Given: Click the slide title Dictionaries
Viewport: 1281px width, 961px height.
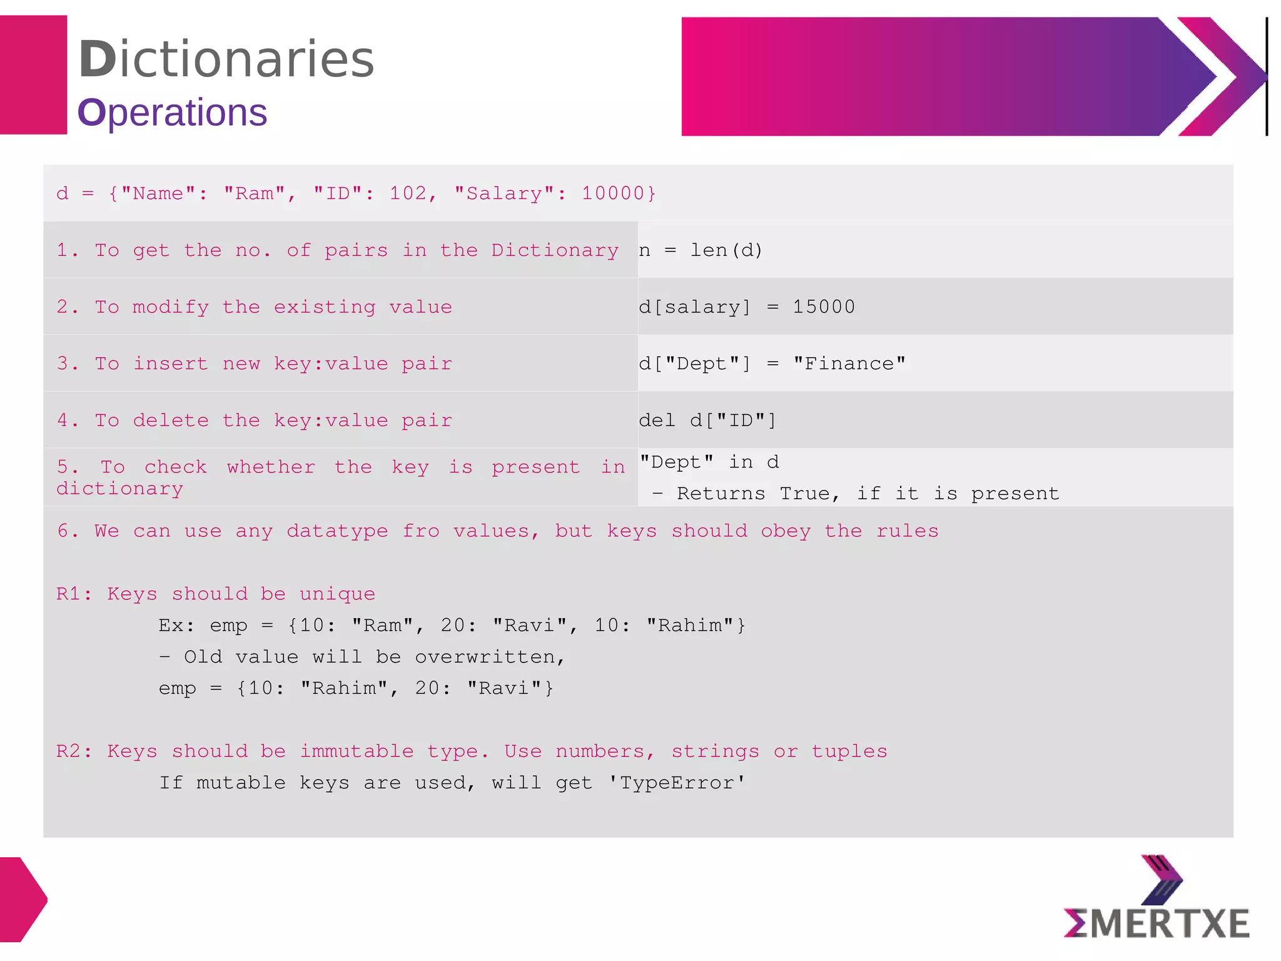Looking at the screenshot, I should pyautogui.click(x=226, y=59).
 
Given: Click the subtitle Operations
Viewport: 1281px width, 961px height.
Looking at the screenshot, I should pyautogui.click(x=172, y=113).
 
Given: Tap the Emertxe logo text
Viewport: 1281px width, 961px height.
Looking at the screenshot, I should pyautogui.click(x=1157, y=924).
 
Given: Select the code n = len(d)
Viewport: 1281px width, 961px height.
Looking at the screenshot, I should pyautogui.click(x=701, y=251).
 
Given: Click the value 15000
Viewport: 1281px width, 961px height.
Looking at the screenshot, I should pyautogui.click(x=823, y=307).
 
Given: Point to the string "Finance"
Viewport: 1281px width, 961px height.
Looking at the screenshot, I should pyautogui.click(x=849, y=364).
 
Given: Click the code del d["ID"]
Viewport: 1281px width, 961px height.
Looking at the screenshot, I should pyautogui.click(x=707, y=420).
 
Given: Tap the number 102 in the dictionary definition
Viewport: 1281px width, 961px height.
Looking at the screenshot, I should pyautogui.click(x=408, y=193).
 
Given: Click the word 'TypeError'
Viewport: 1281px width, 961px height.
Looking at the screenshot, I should pyautogui.click(x=677, y=783).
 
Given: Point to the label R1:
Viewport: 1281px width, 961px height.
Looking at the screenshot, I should pyautogui.click(x=74, y=594).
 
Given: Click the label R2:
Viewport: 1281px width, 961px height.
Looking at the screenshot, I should pyautogui.click(x=74, y=751).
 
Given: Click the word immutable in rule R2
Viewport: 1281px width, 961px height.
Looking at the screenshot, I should pyautogui.click(x=357, y=751).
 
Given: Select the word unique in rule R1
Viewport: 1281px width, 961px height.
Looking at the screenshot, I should pyautogui.click(x=337, y=594).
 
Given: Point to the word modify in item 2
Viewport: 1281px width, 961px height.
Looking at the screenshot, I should pyautogui.click(x=171, y=307).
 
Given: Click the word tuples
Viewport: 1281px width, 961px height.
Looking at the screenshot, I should pyautogui.click(x=849, y=751).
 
